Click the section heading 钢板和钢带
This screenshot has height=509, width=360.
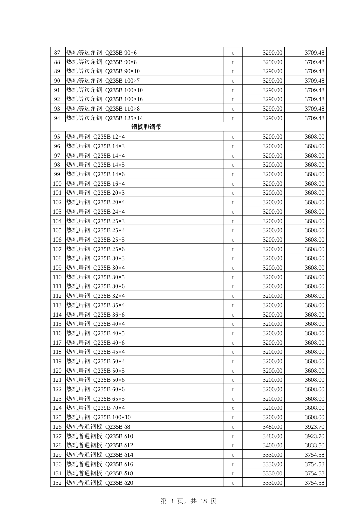pos(146,127)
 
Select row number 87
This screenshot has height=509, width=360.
pos(57,53)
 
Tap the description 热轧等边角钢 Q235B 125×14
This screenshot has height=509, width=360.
pos(105,118)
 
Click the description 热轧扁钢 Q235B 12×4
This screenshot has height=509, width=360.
pos(95,137)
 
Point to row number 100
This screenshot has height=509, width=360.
pos(57,184)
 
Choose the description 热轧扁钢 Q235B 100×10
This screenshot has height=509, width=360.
pos(99,417)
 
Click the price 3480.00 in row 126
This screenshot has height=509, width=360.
pos(272,427)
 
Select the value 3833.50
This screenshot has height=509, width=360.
pos(315,445)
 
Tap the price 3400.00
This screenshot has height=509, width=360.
pos(272,445)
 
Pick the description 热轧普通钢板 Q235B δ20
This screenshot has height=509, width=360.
pos(100,483)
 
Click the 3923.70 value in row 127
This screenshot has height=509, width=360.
pos(315,436)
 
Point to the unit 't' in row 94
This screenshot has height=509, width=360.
pos(233,118)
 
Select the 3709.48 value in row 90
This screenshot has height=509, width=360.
pos(315,81)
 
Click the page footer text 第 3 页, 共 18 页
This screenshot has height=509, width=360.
pos(188,501)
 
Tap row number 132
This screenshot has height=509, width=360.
pos(57,483)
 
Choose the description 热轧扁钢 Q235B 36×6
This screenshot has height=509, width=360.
pos(95,315)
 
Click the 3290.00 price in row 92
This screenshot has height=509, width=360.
pos(272,99)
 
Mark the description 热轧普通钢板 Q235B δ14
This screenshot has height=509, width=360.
pos(100,455)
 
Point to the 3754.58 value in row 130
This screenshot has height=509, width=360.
pos(315,464)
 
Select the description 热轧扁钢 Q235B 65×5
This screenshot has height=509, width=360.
pos(95,399)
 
